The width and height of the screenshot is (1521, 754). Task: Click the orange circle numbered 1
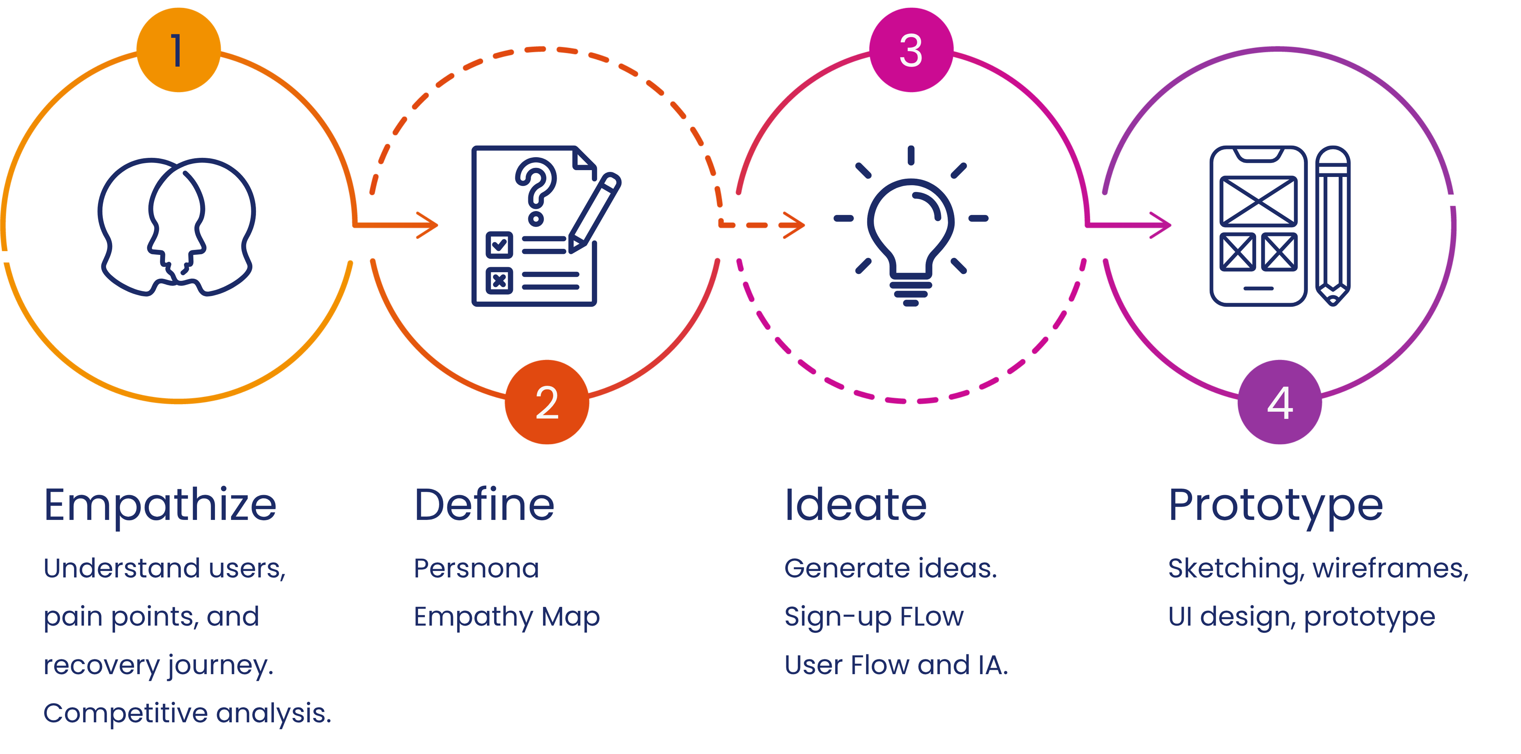coord(178,50)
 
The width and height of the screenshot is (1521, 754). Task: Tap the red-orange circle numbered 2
coord(547,402)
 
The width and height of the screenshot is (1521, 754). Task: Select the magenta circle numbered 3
coord(911,50)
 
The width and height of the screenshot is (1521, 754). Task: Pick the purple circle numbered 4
coord(1279,402)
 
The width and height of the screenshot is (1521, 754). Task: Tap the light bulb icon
coord(911,236)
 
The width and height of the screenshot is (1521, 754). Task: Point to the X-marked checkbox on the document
coord(499,280)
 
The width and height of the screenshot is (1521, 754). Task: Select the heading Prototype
coord(1275,506)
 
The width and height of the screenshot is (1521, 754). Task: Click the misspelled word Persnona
coord(476,568)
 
